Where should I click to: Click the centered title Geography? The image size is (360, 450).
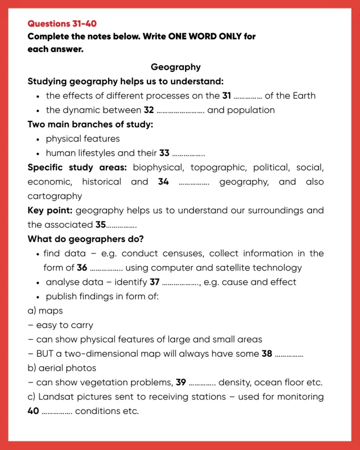point(175,67)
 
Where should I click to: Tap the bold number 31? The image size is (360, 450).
point(227,96)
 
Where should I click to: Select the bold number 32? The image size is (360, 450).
point(148,110)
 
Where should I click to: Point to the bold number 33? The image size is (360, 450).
point(164,153)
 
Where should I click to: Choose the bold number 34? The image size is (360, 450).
point(163,182)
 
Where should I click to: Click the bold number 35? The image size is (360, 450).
point(101,224)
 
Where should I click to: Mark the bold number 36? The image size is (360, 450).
point(82,268)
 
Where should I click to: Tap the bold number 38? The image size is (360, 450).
point(267,354)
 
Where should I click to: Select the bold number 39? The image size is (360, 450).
point(181,382)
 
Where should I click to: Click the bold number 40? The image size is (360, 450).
point(33,411)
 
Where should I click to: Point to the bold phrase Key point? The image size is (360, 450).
point(50,210)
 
